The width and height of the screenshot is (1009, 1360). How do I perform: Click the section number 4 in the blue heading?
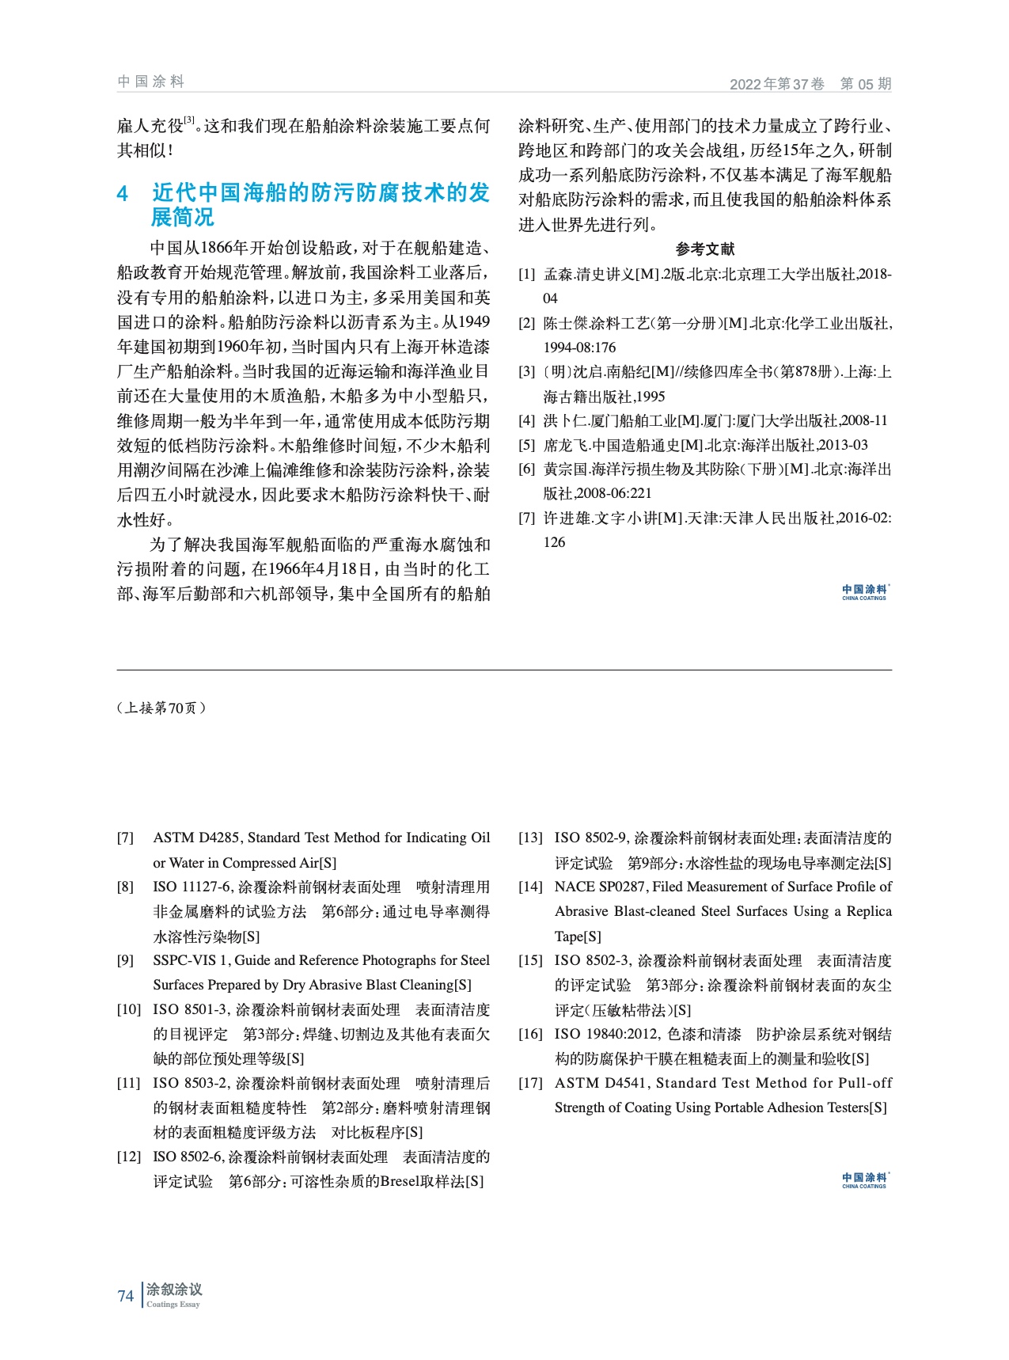123,194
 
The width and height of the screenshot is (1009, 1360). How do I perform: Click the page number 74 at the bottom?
125,1296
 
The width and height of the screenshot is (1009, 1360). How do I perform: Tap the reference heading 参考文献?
704,249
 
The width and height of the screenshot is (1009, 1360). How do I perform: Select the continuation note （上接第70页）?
161,708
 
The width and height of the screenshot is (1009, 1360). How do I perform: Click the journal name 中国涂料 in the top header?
150,82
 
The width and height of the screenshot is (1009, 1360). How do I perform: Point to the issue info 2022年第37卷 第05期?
810,84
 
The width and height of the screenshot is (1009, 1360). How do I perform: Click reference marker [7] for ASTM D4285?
125,838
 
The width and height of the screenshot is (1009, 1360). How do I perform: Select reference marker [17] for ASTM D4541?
530,1083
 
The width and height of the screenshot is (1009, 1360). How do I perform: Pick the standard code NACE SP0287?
602,887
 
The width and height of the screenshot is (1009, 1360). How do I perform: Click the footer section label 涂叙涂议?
174,1290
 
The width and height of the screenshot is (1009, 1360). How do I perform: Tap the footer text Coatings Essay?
173,1305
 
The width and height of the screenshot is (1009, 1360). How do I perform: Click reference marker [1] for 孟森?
526,275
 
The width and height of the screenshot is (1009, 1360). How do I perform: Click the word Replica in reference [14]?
869,911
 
